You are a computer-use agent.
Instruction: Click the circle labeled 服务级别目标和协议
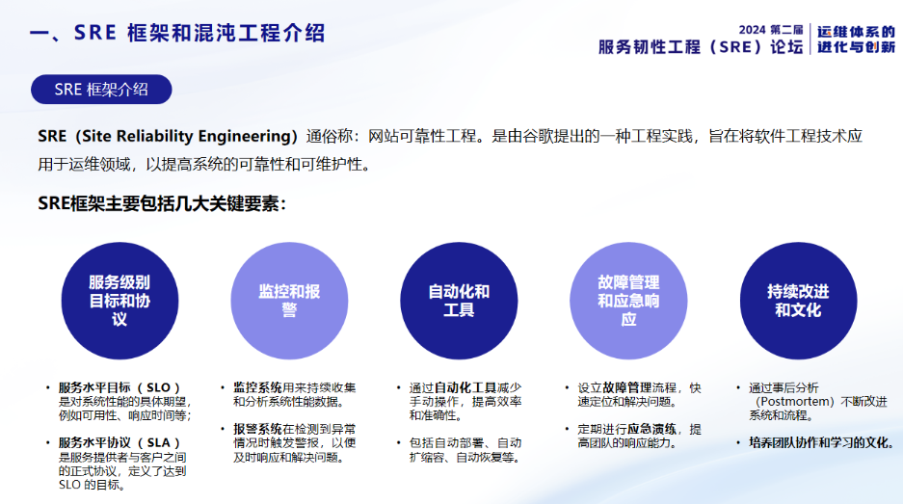click(x=120, y=299)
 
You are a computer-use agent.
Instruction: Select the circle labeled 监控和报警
click(x=289, y=299)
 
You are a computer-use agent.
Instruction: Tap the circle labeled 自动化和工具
click(x=459, y=299)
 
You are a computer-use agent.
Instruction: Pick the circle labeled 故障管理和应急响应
click(x=628, y=299)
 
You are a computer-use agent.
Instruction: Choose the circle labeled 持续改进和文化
click(x=798, y=299)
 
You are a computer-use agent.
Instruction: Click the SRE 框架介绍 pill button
click(x=101, y=90)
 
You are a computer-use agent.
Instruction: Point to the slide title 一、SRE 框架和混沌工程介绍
click(x=177, y=34)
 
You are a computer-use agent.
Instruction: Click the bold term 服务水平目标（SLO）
click(x=120, y=387)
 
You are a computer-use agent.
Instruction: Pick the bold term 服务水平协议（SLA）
click(x=120, y=443)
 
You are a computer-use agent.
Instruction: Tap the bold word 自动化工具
click(x=466, y=387)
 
